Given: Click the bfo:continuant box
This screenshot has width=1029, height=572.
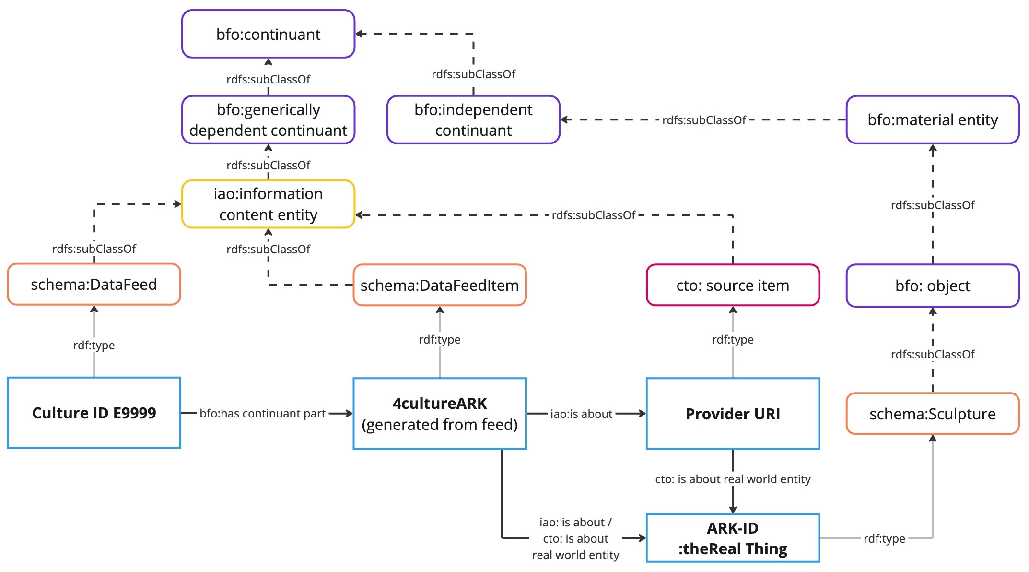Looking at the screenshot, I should (268, 34).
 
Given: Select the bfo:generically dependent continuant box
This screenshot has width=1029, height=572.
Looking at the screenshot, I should (268, 120).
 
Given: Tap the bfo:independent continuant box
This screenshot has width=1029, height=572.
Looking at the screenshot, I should (473, 120).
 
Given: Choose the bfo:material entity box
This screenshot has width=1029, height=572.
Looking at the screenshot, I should (932, 119).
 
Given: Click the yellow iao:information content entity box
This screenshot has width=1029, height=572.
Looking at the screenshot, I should (268, 204).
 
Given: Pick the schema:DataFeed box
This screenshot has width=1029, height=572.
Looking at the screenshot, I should (94, 285).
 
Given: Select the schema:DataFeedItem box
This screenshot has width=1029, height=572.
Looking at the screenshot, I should (439, 286).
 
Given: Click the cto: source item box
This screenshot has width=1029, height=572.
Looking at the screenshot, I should (732, 286).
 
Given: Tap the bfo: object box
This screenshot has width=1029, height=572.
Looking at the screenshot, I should (932, 286).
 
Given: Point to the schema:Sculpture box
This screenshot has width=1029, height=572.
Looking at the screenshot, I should (932, 414).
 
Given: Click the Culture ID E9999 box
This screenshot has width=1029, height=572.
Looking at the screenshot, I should (94, 413).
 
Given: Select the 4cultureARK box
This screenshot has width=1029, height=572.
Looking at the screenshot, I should (439, 414).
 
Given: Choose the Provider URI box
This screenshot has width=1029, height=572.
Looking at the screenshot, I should (732, 414).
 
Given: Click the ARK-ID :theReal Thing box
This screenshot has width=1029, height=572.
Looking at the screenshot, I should (732, 538).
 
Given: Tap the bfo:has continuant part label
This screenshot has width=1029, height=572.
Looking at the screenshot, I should (262, 414).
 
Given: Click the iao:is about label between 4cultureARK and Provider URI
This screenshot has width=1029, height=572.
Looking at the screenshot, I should (581, 414).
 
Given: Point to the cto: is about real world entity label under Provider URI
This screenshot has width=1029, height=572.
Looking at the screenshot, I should (732, 479).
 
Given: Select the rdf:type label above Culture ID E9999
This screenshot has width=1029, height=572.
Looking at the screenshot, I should (94, 346).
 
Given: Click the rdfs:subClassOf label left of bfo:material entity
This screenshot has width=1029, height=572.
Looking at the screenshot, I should (703, 120).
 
